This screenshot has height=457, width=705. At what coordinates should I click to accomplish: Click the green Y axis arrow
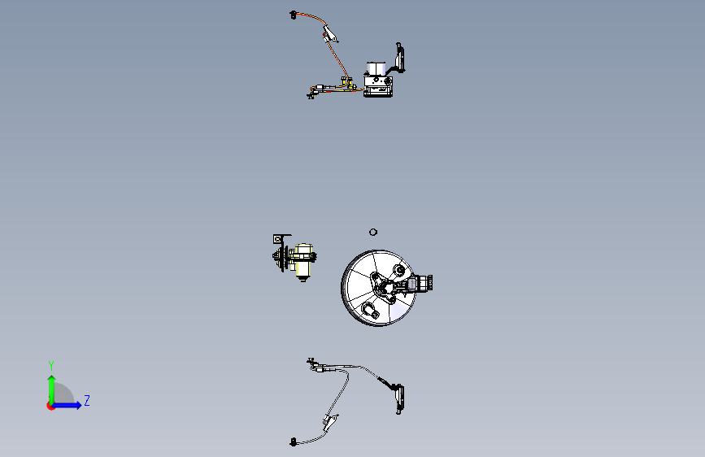pos(52,390)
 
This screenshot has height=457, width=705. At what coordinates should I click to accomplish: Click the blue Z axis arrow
pos(67,405)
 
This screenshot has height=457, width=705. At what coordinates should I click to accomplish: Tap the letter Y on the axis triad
pos(51,365)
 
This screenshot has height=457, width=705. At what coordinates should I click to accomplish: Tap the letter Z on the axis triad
pos(87,400)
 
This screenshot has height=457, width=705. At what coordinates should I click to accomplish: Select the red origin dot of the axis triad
pos(50,406)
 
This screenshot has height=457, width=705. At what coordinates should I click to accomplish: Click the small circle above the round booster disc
pos(372,232)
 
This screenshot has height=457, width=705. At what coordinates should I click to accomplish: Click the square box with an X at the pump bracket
pos(278,239)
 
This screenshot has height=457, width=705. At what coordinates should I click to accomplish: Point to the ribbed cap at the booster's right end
pos(427,282)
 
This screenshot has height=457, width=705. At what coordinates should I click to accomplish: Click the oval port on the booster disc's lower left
pos(370,310)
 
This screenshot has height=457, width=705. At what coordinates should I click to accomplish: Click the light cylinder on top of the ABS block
pos(376,69)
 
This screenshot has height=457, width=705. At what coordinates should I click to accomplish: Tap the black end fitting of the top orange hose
pos(293,15)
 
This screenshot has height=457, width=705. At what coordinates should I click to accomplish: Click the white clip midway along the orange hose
pos(330,33)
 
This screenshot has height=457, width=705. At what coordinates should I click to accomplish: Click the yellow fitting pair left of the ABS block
pos(346,83)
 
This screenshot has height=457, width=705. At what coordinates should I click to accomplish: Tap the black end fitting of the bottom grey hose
pos(294,442)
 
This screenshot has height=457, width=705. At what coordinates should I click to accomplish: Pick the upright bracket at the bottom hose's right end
pos(399,399)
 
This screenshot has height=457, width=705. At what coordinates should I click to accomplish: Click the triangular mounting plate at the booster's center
pos(383,286)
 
